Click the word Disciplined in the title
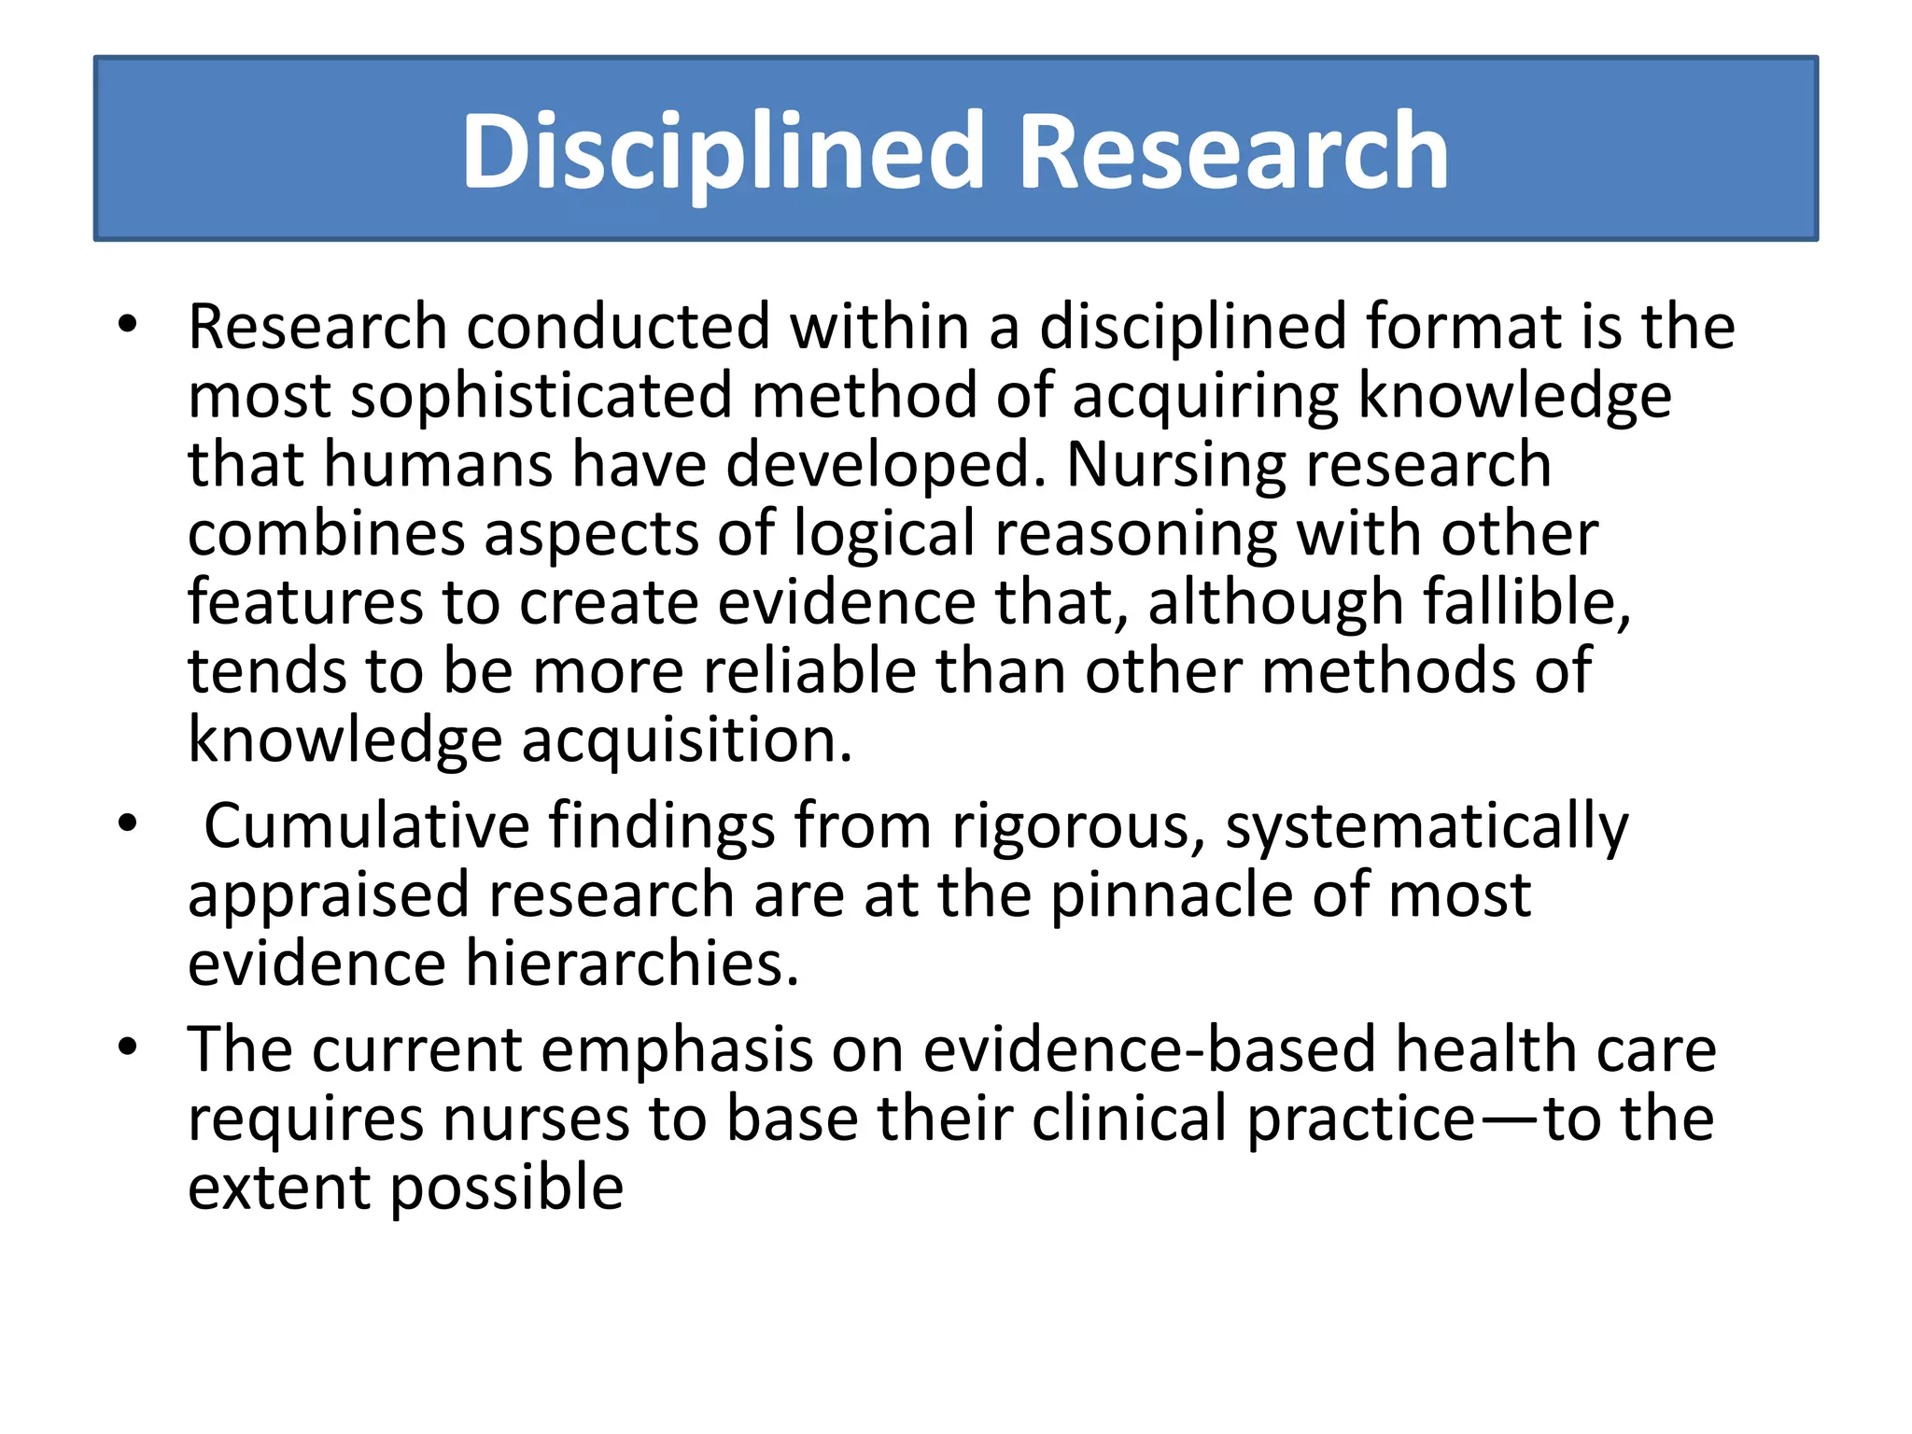click(723, 151)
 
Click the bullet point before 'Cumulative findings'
click(128, 824)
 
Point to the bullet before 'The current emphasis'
click(128, 1047)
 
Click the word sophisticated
click(541, 396)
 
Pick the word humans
click(438, 464)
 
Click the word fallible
click(1526, 602)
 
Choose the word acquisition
click(686, 740)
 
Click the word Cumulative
click(367, 826)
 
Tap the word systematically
click(1427, 828)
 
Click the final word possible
click(507, 1188)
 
